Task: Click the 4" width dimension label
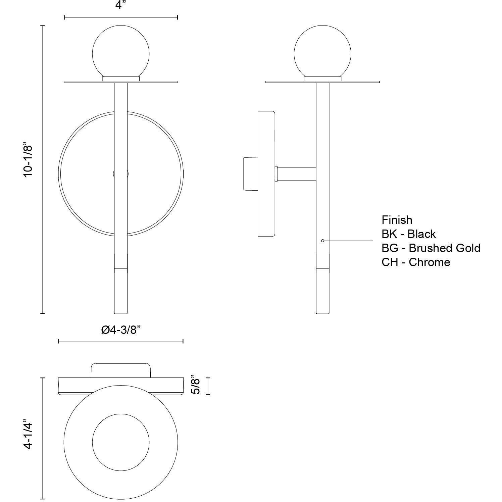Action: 120,6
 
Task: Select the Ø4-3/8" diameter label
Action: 120,330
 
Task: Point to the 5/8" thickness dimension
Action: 196,386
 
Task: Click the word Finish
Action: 397,220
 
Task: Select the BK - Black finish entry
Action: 408,234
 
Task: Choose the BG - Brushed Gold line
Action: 431,248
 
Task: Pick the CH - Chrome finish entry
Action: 415,262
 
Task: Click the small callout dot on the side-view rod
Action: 322,241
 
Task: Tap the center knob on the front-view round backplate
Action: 121,174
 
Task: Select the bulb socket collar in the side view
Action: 322,79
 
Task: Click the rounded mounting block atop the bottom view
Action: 121,370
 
